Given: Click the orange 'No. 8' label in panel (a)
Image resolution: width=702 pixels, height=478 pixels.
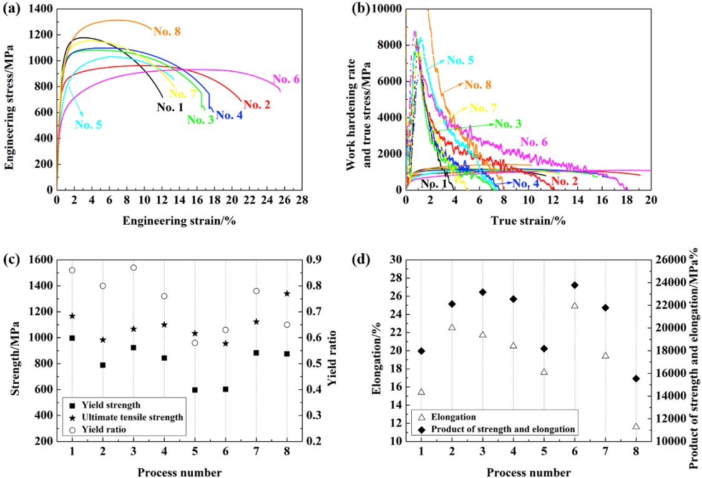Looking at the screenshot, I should point(168,31).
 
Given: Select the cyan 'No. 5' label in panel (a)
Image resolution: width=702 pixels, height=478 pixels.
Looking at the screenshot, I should point(89,124).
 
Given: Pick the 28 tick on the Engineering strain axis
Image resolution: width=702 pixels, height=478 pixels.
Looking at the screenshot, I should point(301,200).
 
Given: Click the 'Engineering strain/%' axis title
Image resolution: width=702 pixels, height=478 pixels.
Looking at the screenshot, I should point(179,220).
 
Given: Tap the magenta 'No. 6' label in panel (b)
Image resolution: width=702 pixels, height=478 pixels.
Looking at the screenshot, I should point(535,142).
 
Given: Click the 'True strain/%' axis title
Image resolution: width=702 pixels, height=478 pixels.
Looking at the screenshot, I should point(527,220).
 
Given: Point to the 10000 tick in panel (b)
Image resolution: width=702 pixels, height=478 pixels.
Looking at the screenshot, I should point(386,9).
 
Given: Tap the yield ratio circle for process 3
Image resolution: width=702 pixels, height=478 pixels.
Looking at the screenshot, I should point(134,268).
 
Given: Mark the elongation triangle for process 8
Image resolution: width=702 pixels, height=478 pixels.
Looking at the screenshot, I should point(636,426).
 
